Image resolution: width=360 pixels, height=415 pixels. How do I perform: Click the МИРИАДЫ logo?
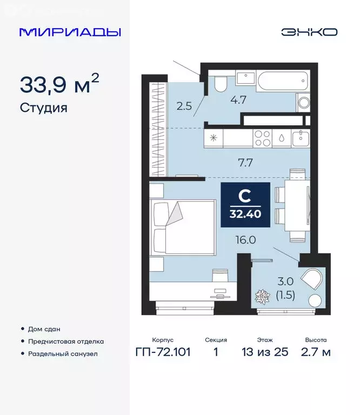point(70,32)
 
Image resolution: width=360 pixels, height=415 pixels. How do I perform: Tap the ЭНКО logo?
point(309,32)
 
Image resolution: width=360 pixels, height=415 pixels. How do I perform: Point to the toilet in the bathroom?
point(220,84)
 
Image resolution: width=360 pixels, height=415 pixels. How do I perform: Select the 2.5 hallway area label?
point(184,105)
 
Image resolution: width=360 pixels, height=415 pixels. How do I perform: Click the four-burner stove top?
point(262,138)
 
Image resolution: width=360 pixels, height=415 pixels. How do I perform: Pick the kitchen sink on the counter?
point(300,138)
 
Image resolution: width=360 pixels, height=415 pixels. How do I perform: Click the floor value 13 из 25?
point(265,352)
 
